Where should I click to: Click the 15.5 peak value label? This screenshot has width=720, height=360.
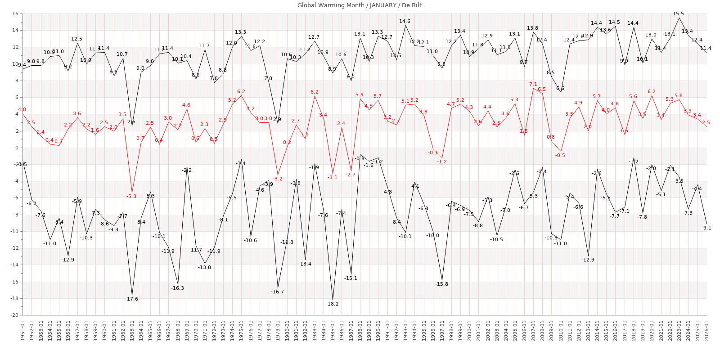[678, 14]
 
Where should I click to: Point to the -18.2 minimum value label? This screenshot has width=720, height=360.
[332, 304]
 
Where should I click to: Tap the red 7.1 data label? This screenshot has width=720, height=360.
[533, 85]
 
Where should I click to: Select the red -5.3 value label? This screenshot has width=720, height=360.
[131, 197]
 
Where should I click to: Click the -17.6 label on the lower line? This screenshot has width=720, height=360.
[131, 299]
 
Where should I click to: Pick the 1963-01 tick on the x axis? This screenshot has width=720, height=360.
[132, 330]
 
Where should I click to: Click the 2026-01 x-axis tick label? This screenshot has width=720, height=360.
[706, 330]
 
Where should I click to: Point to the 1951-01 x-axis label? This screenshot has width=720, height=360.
[22, 330]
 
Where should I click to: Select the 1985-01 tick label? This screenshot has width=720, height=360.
[333, 330]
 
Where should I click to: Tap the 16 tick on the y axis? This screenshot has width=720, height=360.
[15, 14]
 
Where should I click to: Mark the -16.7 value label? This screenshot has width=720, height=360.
[277, 292]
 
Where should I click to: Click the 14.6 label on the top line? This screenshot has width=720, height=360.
[405, 22]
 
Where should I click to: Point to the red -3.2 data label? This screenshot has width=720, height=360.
[278, 179]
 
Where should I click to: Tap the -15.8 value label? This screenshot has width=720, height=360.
[441, 284]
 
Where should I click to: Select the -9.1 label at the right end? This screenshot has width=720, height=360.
[706, 228]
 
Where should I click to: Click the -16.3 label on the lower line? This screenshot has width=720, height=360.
[177, 288]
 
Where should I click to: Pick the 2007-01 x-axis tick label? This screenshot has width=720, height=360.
[533, 330]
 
